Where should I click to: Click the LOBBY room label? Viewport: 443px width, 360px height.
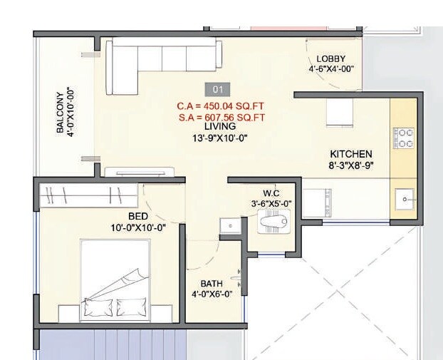coord(331,58)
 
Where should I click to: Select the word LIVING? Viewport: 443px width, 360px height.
coord(220,127)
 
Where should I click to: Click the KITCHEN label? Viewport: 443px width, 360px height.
coord(351,154)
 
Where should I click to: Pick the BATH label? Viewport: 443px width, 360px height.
coord(211,282)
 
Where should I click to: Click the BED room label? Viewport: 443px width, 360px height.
coord(137,217)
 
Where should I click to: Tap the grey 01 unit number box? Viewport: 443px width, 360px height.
coord(218,90)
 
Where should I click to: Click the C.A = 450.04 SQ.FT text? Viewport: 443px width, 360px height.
coord(221,106)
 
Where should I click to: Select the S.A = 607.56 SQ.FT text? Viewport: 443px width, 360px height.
coord(221,117)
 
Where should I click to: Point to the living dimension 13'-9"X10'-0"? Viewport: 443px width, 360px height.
coord(220,138)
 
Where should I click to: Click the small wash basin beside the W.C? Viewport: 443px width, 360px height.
coord(229,225)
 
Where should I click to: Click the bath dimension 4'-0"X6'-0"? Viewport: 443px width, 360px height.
coord(212,293)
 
